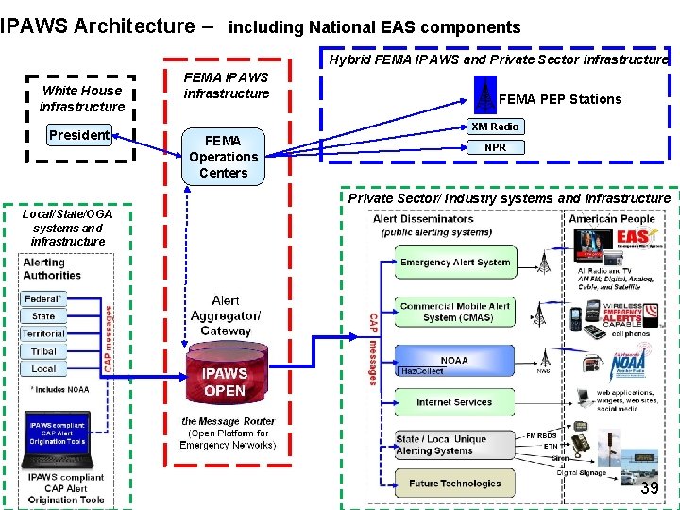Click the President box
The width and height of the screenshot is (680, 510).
tap(79, 135)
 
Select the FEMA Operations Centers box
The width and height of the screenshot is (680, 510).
tap(223, 157)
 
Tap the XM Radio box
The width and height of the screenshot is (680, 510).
tap(495, 127)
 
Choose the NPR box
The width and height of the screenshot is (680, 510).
tap(495, 147)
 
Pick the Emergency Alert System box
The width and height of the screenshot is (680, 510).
tap(454, 263)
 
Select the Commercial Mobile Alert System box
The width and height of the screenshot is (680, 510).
tap(454, 312)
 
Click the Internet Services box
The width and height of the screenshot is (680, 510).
tap(454, 402)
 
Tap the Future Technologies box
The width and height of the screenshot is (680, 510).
tap(454, 484)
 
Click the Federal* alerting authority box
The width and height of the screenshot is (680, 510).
tap(43, 298)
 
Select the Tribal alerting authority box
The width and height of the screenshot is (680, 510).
tap(43, 351)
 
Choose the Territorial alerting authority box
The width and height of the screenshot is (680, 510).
tap(43, 333)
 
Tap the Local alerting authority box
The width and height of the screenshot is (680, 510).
tap(43, 369)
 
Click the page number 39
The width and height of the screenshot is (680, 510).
tap(649, 488)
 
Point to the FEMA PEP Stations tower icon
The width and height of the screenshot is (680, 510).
tap(484, 96)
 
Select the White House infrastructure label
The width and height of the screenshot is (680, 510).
tap(82, 98)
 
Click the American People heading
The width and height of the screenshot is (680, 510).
tap(612, 218)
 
